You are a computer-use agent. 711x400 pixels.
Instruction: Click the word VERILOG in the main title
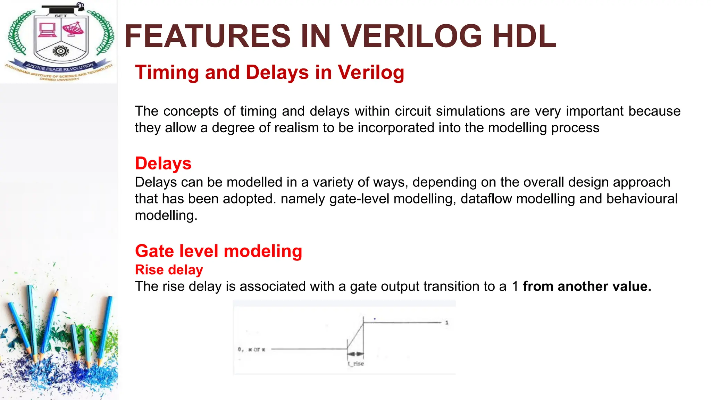(411, 36)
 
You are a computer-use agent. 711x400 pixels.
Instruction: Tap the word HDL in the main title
(525, 36)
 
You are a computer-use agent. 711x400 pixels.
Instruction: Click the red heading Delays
(163, 164)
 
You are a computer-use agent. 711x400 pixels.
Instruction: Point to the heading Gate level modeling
(218, 251)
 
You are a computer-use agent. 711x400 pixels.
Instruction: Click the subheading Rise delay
(169, 270)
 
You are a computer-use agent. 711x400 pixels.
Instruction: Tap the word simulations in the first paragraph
(470, 111)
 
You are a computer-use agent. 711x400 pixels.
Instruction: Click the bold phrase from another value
(587, 286)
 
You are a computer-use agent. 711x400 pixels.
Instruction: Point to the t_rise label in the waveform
(356, 364)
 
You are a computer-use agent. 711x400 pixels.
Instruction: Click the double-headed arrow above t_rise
(355, 354)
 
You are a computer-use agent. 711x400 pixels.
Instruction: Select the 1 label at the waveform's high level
(447, 323)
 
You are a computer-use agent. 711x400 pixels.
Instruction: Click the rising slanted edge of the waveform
(355, 336)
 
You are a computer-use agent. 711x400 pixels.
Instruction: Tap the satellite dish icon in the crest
(73, 29)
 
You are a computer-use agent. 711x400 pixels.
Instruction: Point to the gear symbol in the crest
(60, 51)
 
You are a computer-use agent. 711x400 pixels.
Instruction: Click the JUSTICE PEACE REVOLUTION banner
(59, 67)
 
